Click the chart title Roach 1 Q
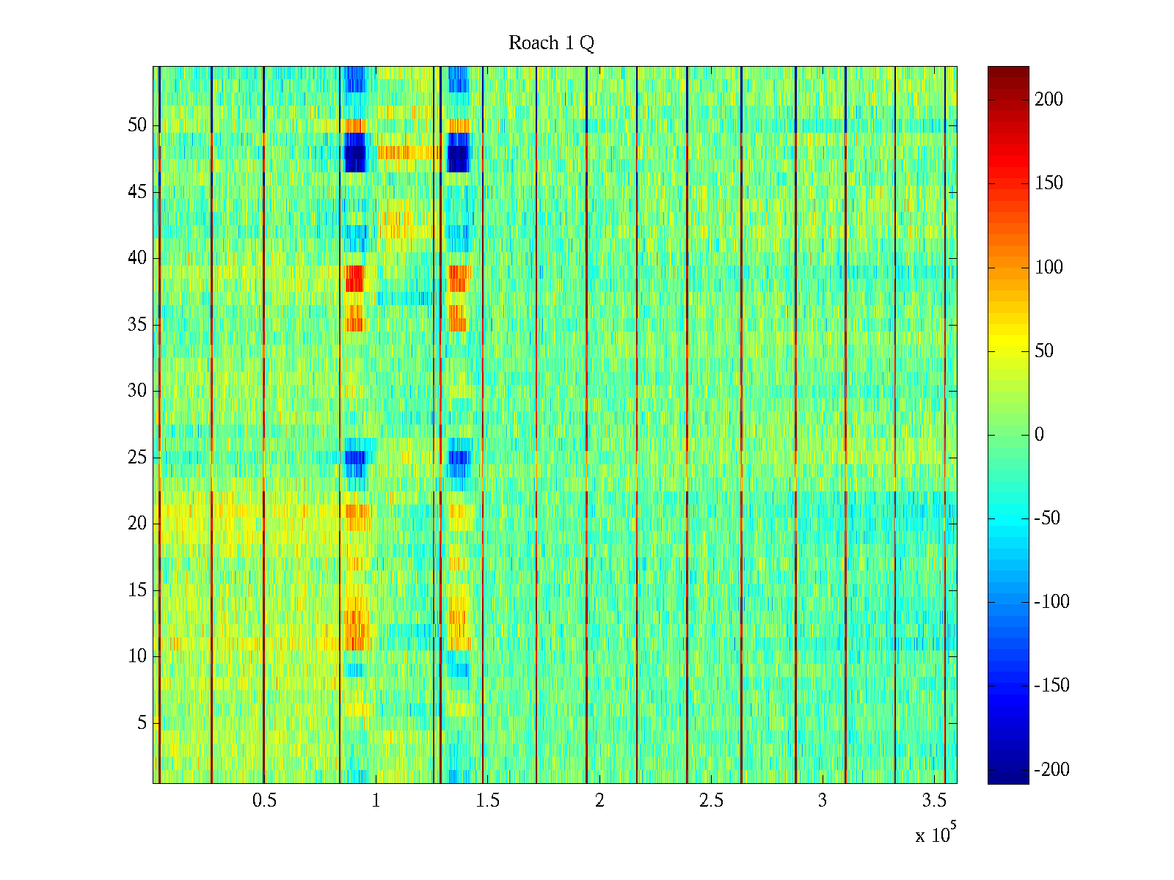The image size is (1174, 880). click(551, 44)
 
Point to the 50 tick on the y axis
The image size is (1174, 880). click(137, 125)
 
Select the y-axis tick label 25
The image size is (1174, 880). click(137, 458)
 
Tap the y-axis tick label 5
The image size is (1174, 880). click(142, 723)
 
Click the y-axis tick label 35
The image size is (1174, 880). click(137, 325)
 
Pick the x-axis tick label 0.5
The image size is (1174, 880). click(264, 801)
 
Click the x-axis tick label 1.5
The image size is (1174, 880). click(488, 801)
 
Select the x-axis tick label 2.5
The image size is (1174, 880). click(711, 801)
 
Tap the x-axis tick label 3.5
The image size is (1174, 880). click(934, 801)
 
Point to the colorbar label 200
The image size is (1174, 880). click(1049, 100)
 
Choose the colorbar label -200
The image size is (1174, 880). click(1051, 769)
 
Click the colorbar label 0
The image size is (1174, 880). click(1039, 435)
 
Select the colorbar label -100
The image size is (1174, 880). click(1051, 602)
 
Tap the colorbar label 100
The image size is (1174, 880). click(1049, 268)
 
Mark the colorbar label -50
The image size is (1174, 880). click(1047, 518)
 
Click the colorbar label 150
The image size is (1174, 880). click(1049, 183)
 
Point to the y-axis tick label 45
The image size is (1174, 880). click(137, 192)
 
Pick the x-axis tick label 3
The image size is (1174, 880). click(823, 801)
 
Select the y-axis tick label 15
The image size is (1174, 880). click(137, 590)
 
